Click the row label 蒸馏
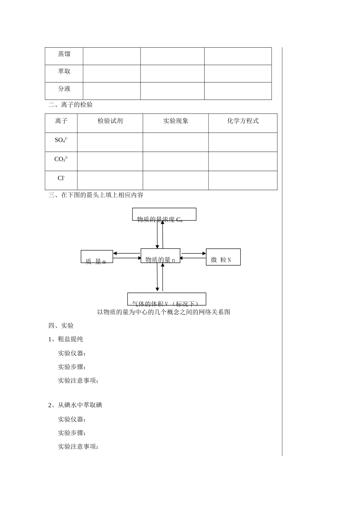point(64,54)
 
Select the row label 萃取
point(64,71)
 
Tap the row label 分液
point(64,89)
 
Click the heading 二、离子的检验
point(70,105)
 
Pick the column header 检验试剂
point(110,121)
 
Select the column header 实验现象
point(175,121)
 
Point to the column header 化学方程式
point(243,121)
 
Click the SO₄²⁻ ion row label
point(61,140)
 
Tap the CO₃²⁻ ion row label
point(61,159)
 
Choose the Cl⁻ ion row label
point(61,178)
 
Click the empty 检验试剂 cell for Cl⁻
point(110,180)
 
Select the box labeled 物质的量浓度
point(164,214)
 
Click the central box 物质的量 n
point(160,256)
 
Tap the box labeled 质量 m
point(97,257)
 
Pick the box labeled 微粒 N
point(223,257)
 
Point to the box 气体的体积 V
point(166,299)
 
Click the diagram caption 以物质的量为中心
point(164,312)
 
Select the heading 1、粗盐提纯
point(66,339)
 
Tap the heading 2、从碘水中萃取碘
point(75,405)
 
